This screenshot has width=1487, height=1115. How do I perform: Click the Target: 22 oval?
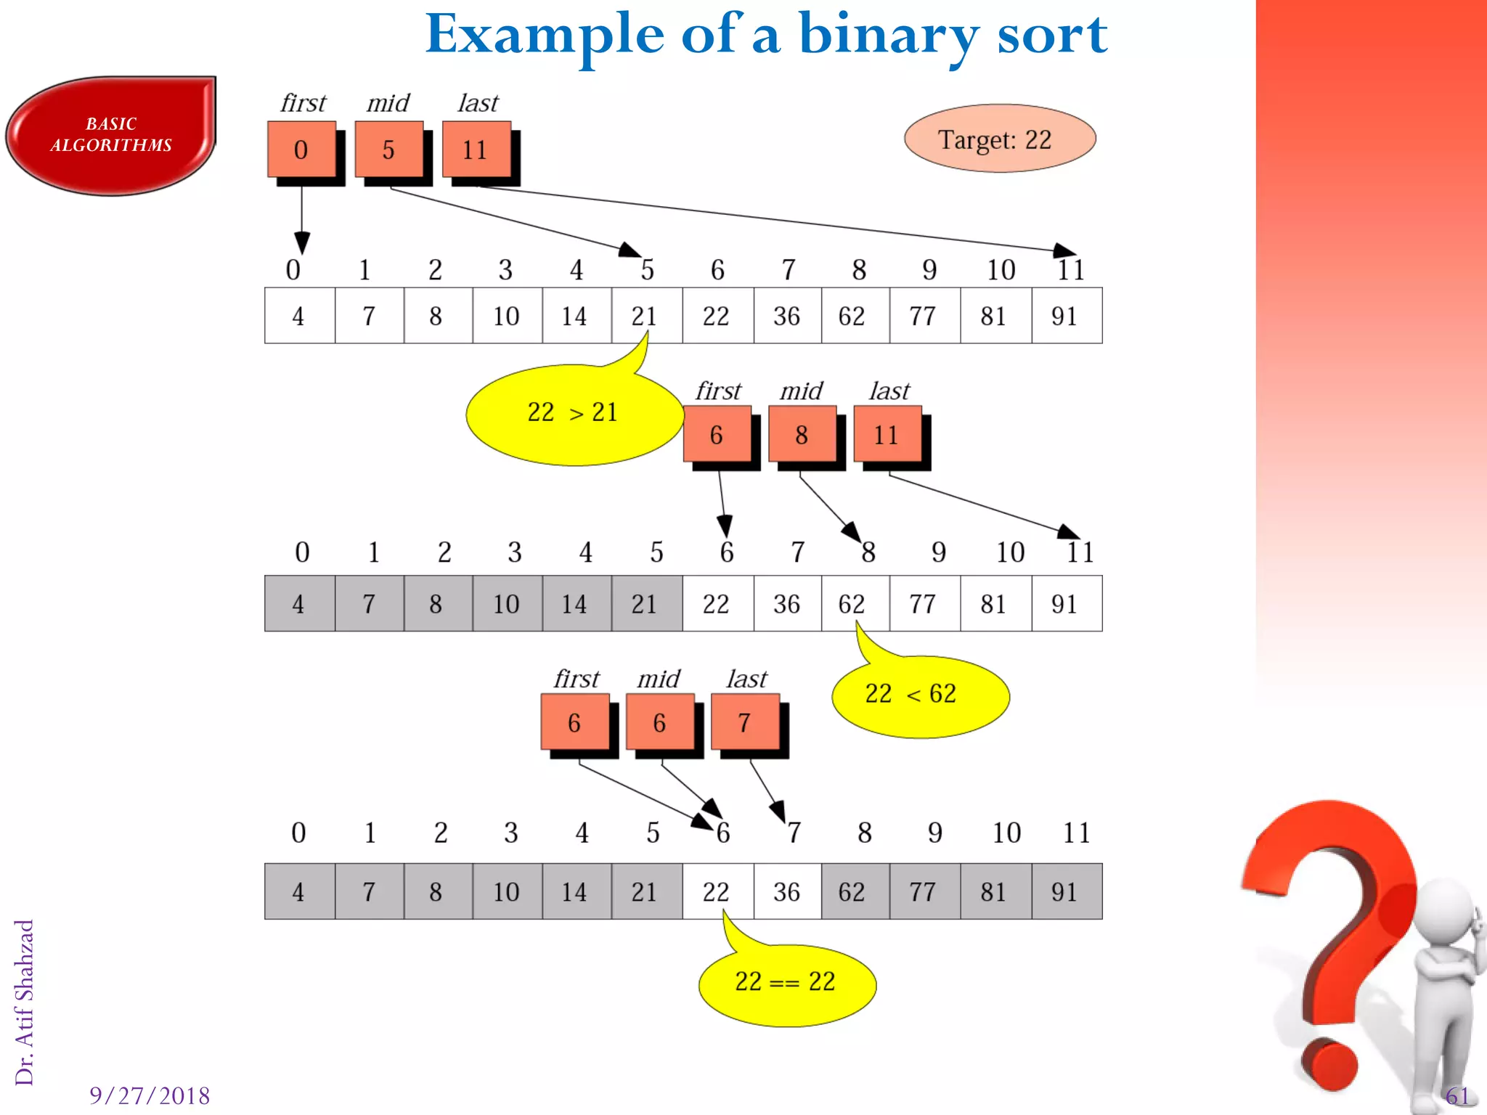[x=999, y=139]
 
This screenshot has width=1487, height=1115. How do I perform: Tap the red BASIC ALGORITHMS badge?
[x=110, y=135]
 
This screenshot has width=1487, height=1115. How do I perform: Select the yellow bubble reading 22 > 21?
[x=573, y=414]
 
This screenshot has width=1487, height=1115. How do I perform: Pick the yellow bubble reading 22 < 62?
[x=919, y=695]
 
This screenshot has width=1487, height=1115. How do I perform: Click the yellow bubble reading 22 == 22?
[x=786, y=984]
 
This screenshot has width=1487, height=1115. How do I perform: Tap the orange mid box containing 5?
[x=388, y=150]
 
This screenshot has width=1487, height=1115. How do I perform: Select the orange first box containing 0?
[x=301, y=150]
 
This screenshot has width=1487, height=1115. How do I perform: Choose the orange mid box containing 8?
[x=802, y=435]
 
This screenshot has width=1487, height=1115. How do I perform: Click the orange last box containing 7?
[x=745, y=722]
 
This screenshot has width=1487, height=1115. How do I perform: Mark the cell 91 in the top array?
[x=1065, y=316]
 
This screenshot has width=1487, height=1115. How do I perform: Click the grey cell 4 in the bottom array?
[x=299, y=891]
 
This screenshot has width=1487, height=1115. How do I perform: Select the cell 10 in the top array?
[x=507, y=316]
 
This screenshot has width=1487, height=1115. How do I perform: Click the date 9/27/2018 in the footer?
[x=150, y=1095]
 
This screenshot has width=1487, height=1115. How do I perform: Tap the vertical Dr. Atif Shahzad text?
[x=25, y=1002]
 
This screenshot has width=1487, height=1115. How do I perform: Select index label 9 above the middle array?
[x=939, y=552]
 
